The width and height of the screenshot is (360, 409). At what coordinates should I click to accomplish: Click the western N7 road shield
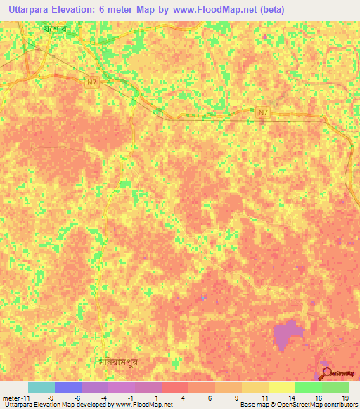click(x=91, y=83)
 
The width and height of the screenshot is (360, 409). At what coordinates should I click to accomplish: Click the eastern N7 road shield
click(x=263, y=112)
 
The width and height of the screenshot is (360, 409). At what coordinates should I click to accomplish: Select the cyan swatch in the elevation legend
click(x=41, y=387)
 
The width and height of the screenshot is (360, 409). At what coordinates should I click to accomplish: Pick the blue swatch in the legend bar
click(x=67, y=387)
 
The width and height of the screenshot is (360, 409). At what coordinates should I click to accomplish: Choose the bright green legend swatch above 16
click(x=308, y=387)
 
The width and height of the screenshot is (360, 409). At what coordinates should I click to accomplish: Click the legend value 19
click(x=345, y=398)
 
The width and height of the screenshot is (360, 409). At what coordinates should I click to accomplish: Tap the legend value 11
click(x=264, y=398)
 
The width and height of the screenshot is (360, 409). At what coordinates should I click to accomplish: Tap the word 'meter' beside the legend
click(x=12, y=398)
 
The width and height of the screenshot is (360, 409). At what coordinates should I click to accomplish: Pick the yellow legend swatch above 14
click(x=281, y=387)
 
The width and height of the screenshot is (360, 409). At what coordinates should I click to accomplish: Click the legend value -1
click(x=130, y=398)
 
